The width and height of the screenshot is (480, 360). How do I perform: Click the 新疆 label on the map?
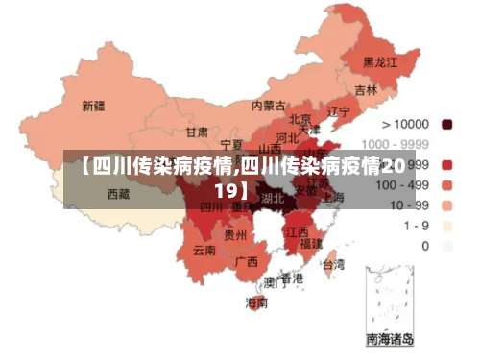(x=94, y=106)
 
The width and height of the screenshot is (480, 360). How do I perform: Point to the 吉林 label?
(x=366, y=89)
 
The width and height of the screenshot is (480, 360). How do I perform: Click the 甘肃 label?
(x=197, y=132)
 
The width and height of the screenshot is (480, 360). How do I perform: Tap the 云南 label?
(x=204, y=251)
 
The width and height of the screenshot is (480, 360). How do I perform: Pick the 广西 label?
(x=246, y=260)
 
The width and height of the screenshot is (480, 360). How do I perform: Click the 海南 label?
(x=256, y=302)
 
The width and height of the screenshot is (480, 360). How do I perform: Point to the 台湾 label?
(x=332, y=263)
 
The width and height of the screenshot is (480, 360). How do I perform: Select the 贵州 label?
(x=235, y=233)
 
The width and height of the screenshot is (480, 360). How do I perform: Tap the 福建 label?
(x=311, y=244)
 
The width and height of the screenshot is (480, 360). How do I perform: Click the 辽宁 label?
(x=338, y=111)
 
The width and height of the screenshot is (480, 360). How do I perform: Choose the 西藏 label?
(x=117, y=194)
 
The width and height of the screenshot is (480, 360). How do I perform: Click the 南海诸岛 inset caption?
(x=390, y=339)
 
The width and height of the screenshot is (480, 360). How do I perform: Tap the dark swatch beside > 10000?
(x=446, y=124)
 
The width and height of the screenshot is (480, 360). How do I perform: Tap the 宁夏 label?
(x=230, y=143)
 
